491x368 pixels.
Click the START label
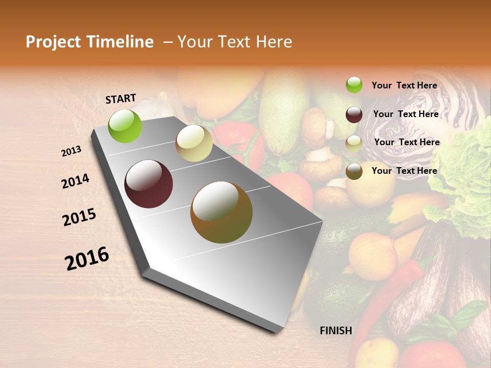[x=121, y=99]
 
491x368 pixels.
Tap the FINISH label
[x=336, y=331]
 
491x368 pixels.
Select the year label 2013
[x=72, y=151]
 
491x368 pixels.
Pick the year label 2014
[x=75, y=181]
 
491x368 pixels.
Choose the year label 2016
[x=87, y=258]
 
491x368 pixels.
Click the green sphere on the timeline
[x=125, y=126]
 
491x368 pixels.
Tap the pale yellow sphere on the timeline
[x=194, y=143]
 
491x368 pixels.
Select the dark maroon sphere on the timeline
[x=149, y=184]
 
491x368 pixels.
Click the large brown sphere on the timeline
[x=221, y=212]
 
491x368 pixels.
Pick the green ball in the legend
[x=354, y=85]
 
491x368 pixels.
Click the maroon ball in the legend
[x=354, y=114]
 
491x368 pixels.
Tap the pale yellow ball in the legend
[x=354, y=143]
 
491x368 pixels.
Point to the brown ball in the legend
[x=354, y=171]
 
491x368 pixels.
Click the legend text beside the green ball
[x=404, y=85]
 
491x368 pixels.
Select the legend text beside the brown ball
[x=404, y=171]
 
